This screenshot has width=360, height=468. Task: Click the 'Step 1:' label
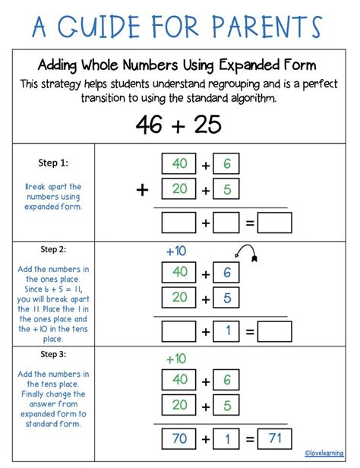(53, 162)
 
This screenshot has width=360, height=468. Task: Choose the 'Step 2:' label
(53, 248)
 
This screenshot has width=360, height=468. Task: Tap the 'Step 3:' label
(53, 354)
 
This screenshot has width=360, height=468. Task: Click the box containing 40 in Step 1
(179, 164)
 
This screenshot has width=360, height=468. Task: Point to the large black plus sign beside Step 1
(142, 190)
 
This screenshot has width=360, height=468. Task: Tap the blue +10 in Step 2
(175, 251)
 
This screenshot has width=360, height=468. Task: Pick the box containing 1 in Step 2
(226, 331)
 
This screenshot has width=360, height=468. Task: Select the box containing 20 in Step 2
(179, 298)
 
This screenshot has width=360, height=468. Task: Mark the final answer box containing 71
(274, 437)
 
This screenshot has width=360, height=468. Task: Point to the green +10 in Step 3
(175, 357)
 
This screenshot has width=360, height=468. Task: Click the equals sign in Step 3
(248, 438)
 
